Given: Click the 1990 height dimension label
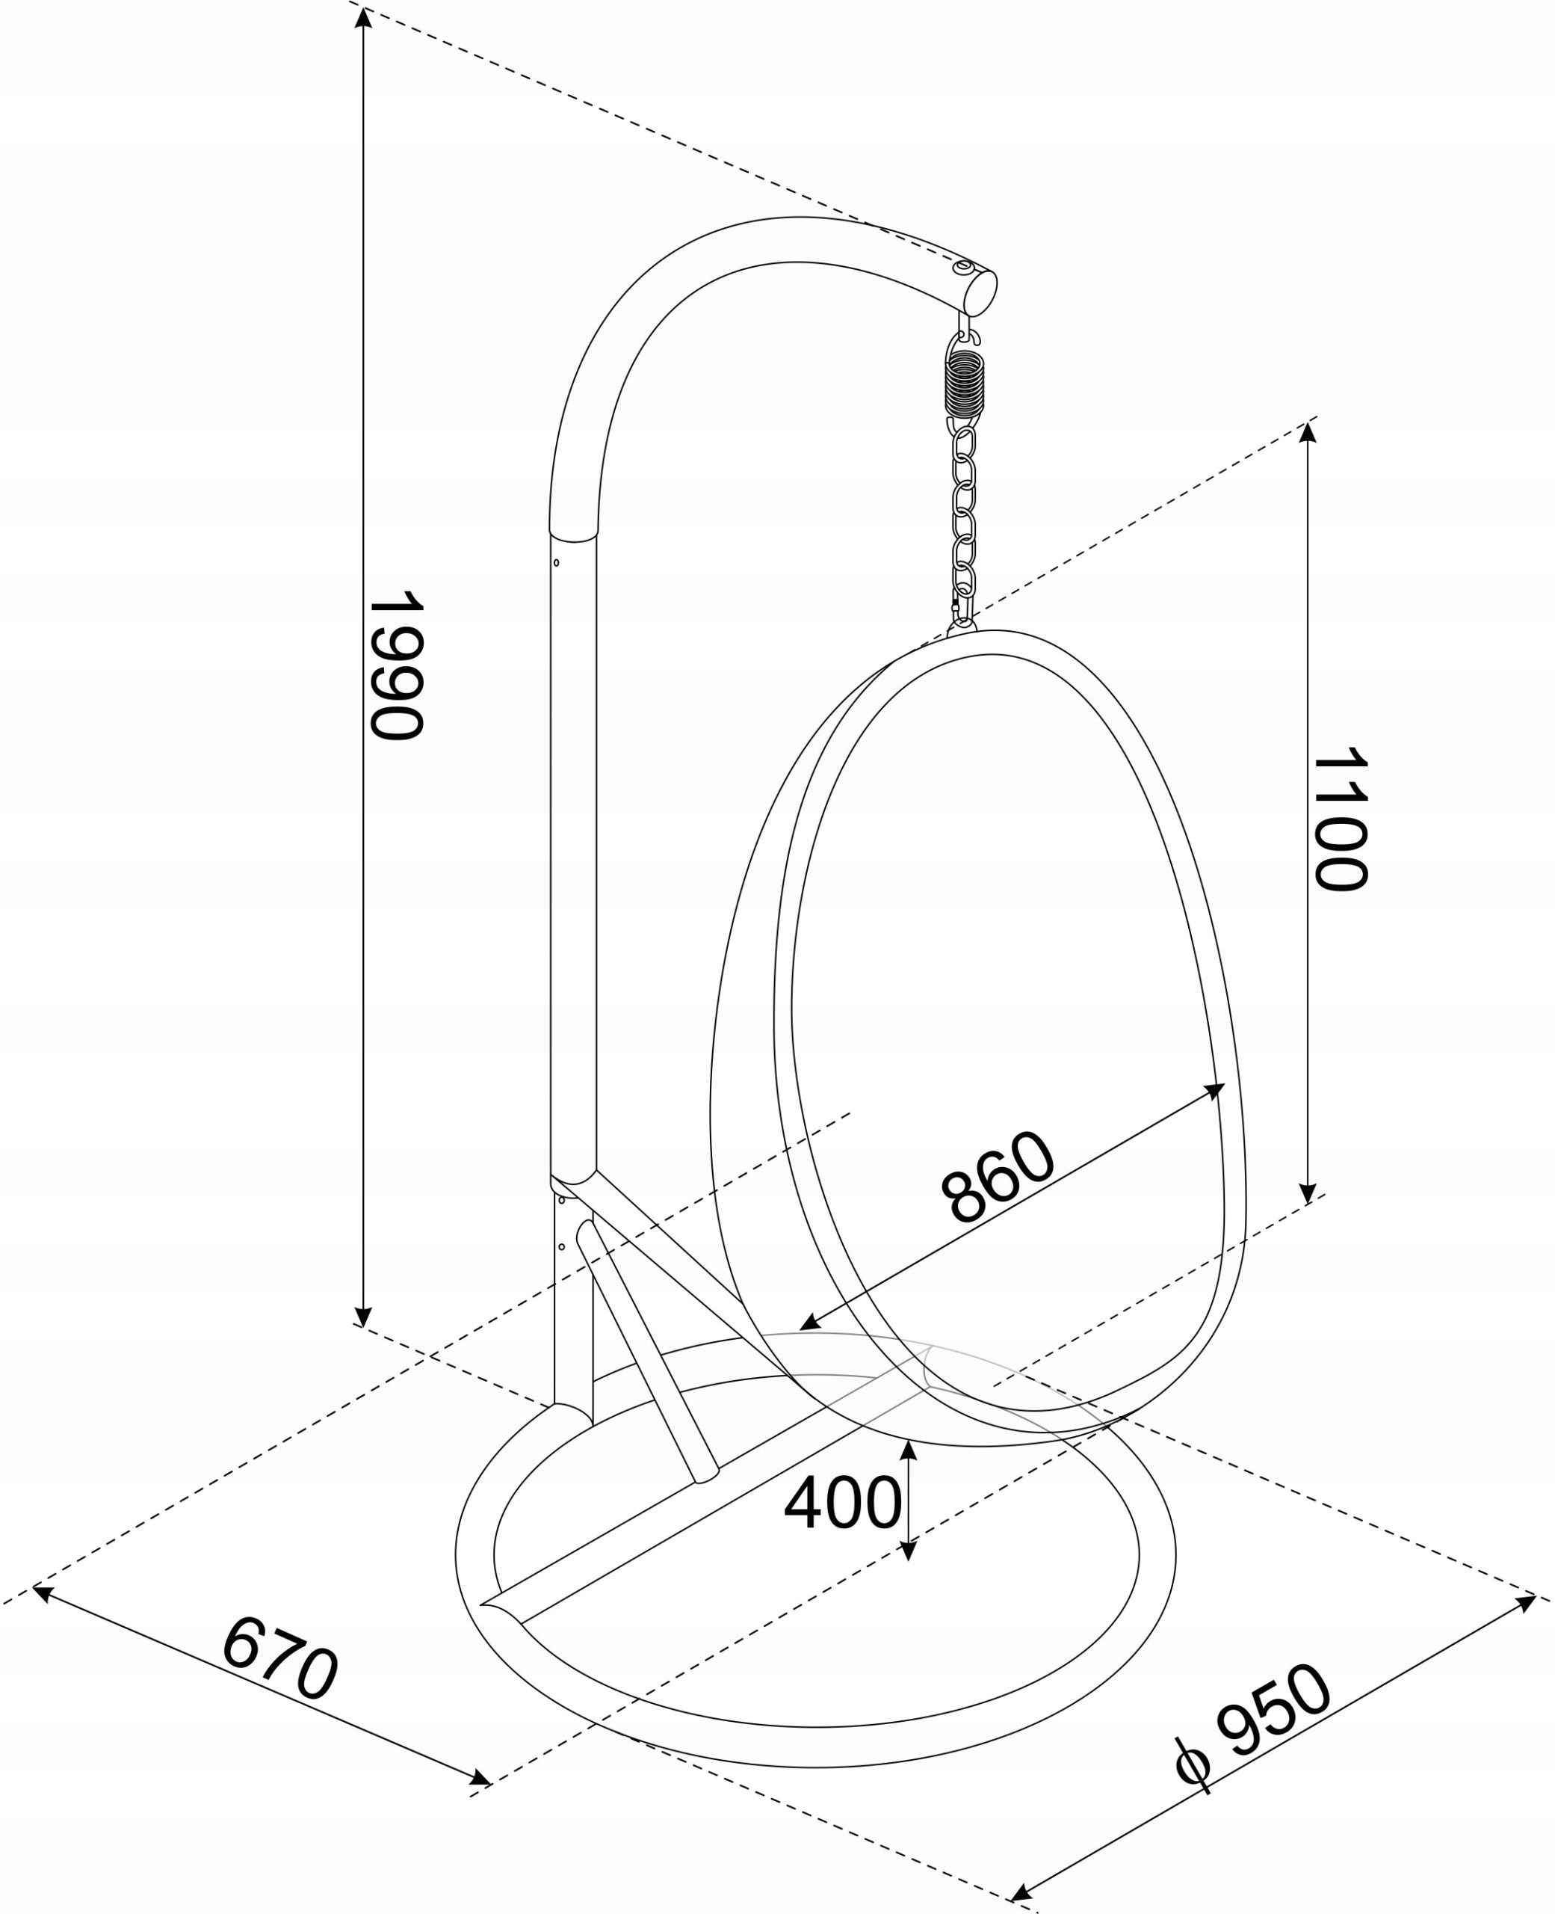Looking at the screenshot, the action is pos(396,665).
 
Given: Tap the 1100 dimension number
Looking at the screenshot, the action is pos(1340,818).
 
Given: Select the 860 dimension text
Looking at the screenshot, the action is pos(998,1177).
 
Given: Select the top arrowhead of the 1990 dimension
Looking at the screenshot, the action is pos(362,16).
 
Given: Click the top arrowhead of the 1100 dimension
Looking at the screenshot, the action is pos(1308,432).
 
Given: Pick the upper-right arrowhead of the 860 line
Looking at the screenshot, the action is pos(1214,1089).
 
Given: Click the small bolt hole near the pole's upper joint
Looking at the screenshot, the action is pos(556,563).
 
